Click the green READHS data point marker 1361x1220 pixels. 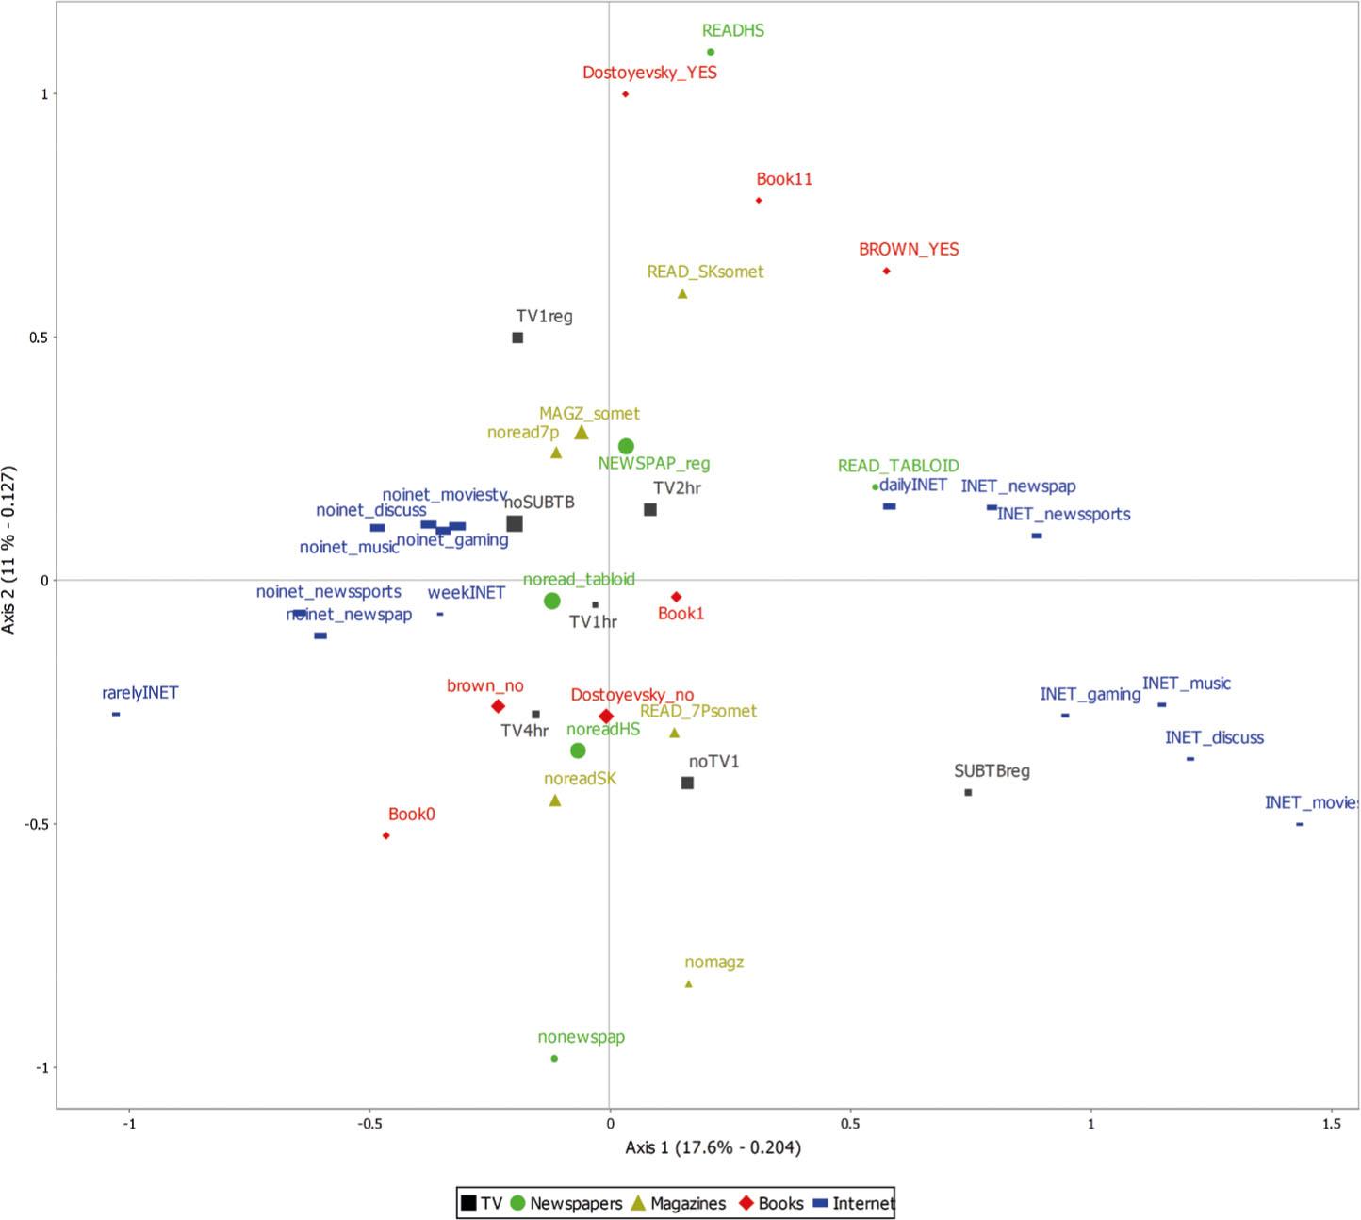[711, 52]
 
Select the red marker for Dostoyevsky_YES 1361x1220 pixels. [625, 94]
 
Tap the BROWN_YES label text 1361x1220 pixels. [908, 250]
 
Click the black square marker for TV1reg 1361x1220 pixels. [517, 338]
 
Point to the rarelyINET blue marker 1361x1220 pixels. [116, 714]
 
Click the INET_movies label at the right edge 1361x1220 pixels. [1310, 803]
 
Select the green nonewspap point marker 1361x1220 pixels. [554, 1059]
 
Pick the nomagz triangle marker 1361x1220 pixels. [688, 983]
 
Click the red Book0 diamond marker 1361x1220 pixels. [385, 835]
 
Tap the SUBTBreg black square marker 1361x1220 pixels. [968, 792]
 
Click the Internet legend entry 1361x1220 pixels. [853, 1203]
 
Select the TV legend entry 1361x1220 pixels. [481, 1203]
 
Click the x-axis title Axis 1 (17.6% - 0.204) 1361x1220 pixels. [713, 1147]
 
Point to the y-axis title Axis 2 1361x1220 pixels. [10, 550]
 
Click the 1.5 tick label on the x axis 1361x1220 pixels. [1331, 1125]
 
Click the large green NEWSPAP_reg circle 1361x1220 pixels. [626, 446]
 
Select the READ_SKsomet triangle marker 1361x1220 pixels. [682, 293]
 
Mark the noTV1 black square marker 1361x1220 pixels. [687, 783]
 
